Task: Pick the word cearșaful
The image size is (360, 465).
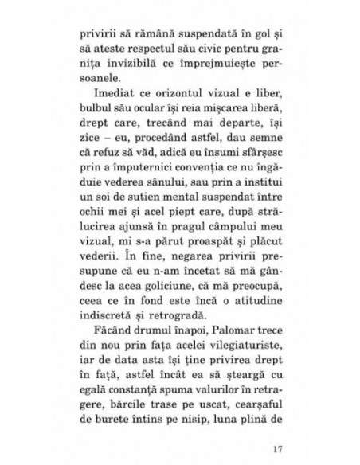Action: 248,451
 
